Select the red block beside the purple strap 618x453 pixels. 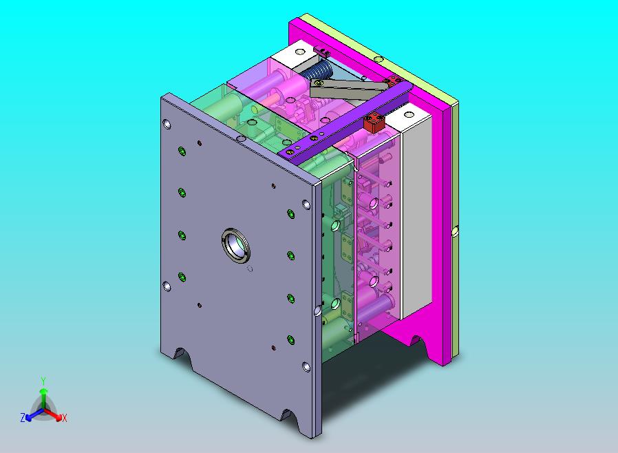click(x=374, y=125)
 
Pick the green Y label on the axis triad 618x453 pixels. click(x=43, y=380)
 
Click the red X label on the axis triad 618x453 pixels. click(x=64, y=418)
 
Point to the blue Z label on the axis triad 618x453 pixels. click(x=23, y=418)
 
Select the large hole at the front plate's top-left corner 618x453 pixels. click(x=167, y=125)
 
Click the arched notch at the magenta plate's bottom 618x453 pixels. click(x=414, y=339)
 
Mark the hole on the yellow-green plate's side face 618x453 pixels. click(x=454, y=232)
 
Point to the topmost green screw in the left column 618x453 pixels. click(x=182, y=151)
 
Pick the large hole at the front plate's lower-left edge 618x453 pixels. click(x=166, y=286)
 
